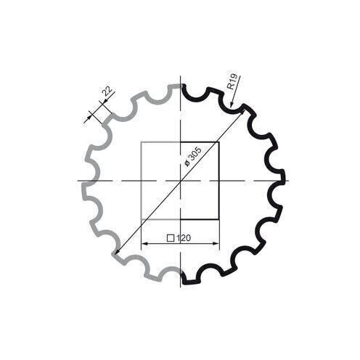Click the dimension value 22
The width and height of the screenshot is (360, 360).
pos(107,91)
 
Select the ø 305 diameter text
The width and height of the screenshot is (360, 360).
pos(193,155)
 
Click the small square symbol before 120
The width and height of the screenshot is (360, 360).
pos(170,238)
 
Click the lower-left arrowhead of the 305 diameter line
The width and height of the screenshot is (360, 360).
pos(116,253)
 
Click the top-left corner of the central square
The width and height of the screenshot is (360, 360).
pos(140,142)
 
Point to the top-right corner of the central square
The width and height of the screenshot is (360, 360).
pos(218,142)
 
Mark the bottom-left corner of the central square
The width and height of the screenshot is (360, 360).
pos(140,218)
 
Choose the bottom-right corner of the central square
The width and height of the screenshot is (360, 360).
pos(218,218)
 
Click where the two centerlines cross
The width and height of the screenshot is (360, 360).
pos(179,180)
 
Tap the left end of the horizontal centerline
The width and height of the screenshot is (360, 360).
pos(75,180)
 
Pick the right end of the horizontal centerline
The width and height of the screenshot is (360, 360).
pos(288,180)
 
